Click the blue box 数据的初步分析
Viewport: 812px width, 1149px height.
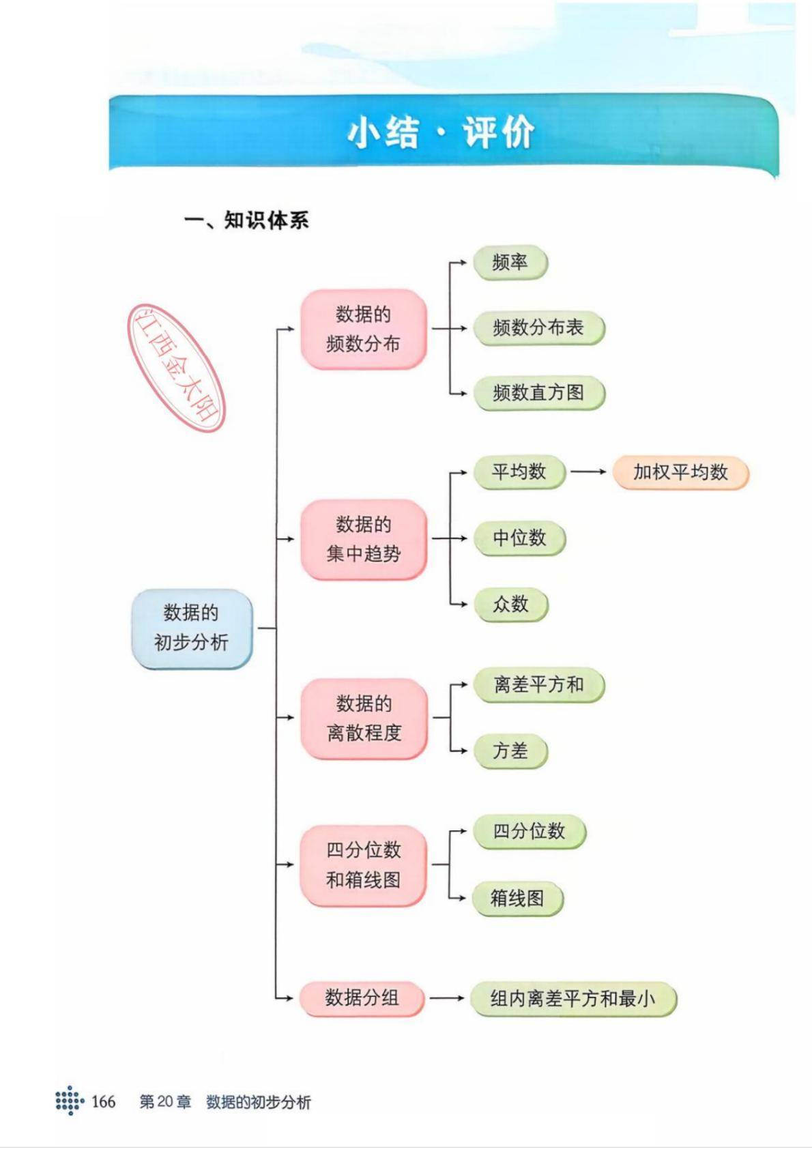coord(192,628)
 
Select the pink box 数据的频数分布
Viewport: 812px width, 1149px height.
coord(363,329)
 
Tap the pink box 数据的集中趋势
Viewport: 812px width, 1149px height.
coord(363,539)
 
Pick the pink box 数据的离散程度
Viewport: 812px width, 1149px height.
coord(364,718)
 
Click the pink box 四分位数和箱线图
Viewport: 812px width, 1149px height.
coord(363,864)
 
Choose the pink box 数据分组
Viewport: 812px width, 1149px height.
coord(362,998)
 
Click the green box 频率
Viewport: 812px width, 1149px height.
coord(510,263)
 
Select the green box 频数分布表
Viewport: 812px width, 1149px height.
coord(538,328)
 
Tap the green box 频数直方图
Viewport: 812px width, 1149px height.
coord(538,393)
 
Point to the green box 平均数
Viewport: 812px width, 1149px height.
coord(519,472)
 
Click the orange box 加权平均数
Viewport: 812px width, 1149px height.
coord(680,472)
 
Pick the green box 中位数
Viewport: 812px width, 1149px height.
coord(519,538)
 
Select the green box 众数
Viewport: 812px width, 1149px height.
coord(510,604)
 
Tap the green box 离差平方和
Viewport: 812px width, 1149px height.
coord(538,685)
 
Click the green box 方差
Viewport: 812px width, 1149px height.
coord(510,751)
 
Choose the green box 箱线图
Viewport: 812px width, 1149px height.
coord(517,899)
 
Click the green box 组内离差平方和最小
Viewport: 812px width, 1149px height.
coord(572,999)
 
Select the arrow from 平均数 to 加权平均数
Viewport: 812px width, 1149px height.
coord(588,471)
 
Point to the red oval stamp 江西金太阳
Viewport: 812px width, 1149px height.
coord(177,368)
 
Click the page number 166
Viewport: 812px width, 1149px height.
coord(103,1101)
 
